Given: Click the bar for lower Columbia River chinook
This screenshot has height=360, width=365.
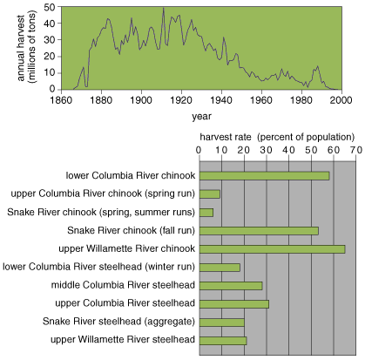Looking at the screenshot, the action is (x=264, y=176).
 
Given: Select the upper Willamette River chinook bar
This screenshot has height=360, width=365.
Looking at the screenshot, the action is (x=272, y=249).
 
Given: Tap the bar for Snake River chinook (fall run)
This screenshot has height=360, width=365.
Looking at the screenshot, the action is (x=259, y=231).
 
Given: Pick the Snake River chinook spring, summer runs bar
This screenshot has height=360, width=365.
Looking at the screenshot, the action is (x=206, y=213).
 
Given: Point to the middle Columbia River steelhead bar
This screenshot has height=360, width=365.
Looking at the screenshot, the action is (x=231, y=286).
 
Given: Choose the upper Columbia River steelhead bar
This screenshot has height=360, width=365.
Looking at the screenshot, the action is (x=234, y=304).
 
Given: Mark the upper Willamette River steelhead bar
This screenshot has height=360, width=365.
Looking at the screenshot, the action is (x=223, y=341).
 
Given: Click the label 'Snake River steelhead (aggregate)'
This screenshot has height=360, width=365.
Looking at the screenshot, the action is (x=118, y=322).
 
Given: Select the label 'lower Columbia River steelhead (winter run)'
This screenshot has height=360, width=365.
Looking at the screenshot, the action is (x=98, y=267).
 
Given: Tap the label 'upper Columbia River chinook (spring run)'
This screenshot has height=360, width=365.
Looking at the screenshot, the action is (x=103, y=194).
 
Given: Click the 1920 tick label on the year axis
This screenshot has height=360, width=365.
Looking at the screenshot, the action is (x=181, y=100).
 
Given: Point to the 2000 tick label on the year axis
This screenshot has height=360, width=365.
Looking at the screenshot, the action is (x=341, y=100).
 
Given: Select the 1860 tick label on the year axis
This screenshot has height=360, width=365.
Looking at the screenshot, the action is (x=61, y=100).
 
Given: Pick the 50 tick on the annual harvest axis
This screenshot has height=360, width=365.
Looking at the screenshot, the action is (x=50, y=7).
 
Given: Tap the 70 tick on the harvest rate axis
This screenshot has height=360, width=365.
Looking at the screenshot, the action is (x=356, y=150).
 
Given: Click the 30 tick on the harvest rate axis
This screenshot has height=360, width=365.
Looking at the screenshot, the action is (x=267, y=150).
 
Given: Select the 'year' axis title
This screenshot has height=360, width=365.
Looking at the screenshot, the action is (x=201, y=117).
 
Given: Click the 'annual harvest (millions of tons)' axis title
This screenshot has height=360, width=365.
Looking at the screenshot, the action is (x=26, y=47).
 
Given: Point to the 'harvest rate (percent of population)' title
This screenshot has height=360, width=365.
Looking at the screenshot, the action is (x=277, y=137).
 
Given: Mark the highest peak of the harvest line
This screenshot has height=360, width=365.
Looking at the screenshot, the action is (x=164, y=8).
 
